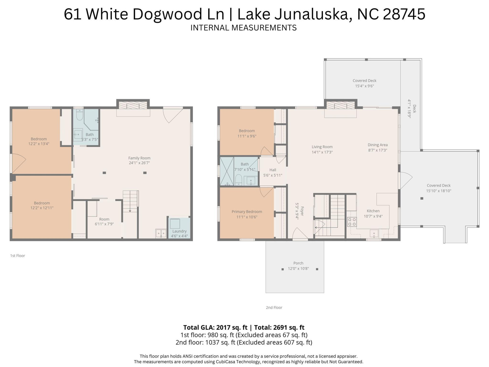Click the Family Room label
139,158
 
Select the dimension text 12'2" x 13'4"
39,144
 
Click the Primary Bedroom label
247,212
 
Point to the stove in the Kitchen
352,222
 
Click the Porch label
298,263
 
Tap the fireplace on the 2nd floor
341,105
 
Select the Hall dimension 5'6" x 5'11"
273,175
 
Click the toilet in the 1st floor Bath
80,115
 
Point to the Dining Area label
377,145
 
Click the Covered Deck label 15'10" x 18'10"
438,188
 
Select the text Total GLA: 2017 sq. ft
215,327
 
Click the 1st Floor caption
18,256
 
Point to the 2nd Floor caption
274,308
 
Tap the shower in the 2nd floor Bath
227,171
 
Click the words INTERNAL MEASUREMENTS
243,28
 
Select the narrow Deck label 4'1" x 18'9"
412,109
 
